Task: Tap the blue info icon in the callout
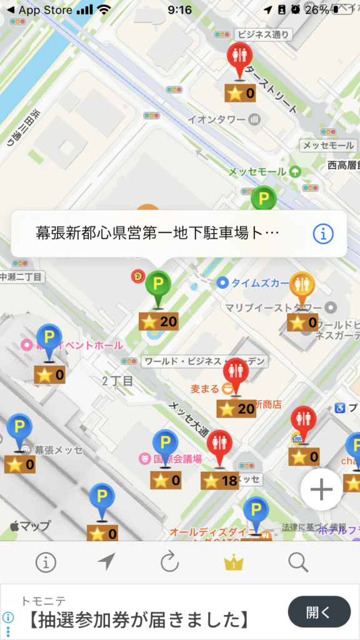point(323,234)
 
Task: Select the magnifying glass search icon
point(298,562)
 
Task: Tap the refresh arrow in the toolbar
point(169,562)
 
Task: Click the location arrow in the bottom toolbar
point(106,562)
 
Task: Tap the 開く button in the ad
point(319,611)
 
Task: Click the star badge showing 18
point(220,481)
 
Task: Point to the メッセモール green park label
point(257,172)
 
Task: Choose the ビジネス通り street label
point(263,34)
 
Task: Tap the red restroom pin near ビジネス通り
point(239,58)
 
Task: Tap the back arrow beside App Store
point(9,10)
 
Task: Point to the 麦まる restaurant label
point(205,389)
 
